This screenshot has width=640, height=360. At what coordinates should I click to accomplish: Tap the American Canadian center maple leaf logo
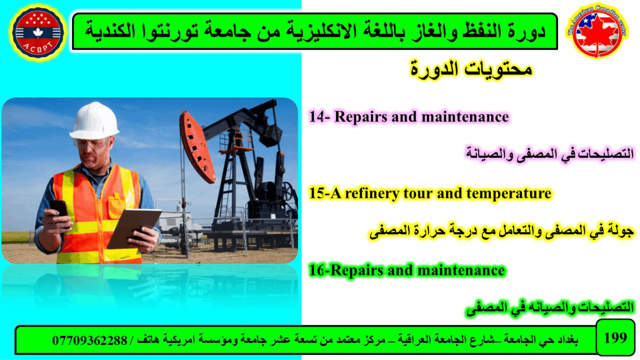coord(597,31)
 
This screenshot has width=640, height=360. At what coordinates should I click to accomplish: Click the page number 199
coord(615,338)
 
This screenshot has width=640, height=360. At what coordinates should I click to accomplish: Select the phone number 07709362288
coord(89,340)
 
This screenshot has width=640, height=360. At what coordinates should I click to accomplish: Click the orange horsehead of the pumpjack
coord(197,147)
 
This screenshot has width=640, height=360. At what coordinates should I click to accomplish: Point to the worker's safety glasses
coord(92,143)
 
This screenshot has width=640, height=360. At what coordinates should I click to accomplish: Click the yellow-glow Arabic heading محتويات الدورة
coord(471,69)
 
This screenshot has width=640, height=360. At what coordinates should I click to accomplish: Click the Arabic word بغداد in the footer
coord(567,340)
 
